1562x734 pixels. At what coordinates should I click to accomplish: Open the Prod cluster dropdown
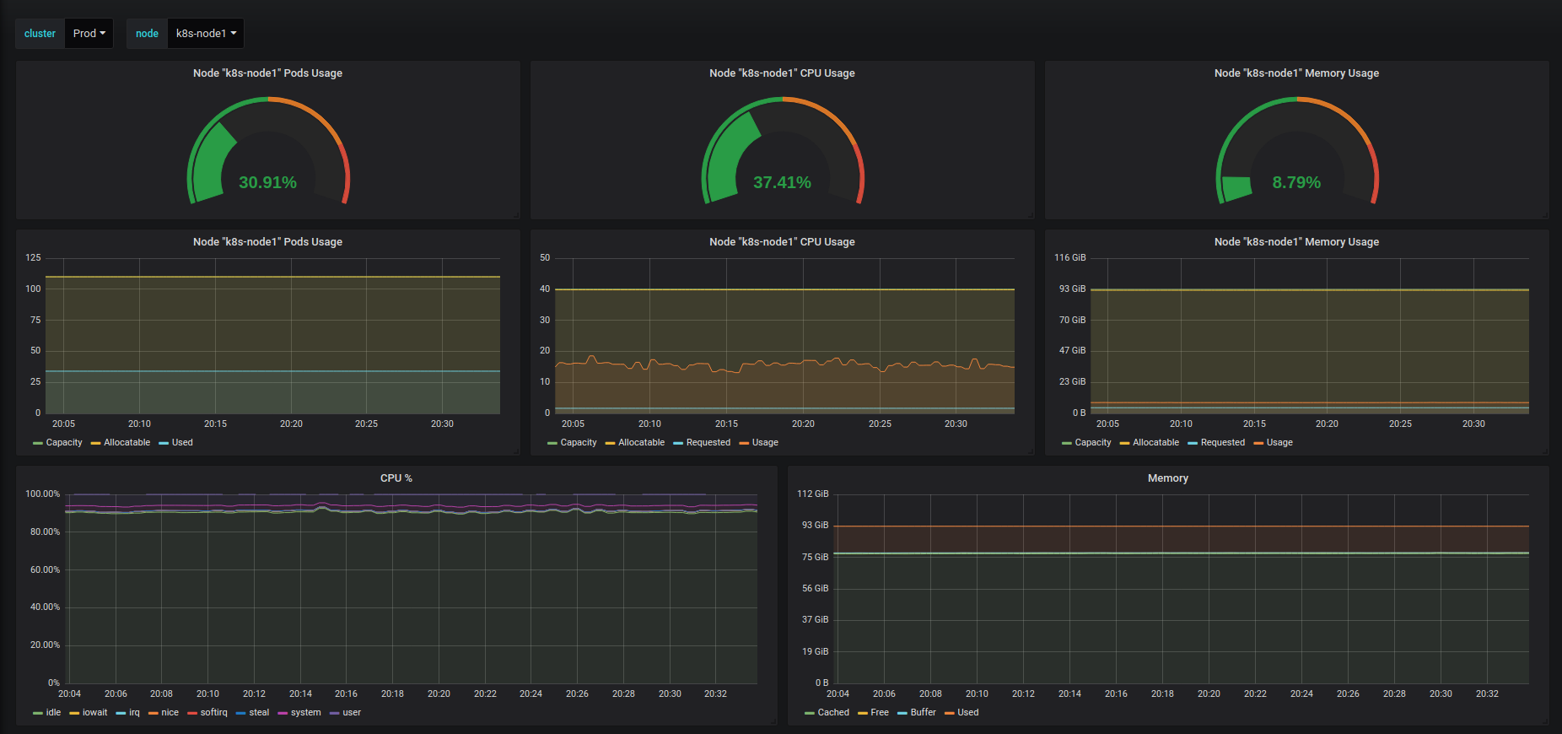(x=89, y=34)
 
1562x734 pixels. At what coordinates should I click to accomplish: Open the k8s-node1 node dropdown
(x=206, y=34)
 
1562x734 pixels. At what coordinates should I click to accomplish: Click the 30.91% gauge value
(x=267, y=182)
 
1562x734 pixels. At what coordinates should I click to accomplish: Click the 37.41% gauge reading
(x=782, y=182)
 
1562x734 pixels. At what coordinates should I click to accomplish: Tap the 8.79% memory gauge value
(x=1296, y=182)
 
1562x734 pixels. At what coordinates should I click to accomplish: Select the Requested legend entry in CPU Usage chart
(x=708, y=442)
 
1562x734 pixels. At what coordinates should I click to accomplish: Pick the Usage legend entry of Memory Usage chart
(x=1279, y=442)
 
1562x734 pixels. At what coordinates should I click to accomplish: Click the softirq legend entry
(x=213, y=712)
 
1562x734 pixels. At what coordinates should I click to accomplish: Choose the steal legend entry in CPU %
(x=259, y=712)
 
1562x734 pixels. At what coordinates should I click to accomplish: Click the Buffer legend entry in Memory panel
(x=923, y=712)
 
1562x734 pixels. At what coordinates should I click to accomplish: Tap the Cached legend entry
(x=833, y=712)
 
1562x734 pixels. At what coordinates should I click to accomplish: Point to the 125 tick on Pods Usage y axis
(x=33, y=257)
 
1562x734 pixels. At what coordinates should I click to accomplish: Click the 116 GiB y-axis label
(x=1069, y=257)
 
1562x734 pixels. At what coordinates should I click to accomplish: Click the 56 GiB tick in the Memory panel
(x=815, y=588)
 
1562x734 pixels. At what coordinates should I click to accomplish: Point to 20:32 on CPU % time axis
(x=715, y=694)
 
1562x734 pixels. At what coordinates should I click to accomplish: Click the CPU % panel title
(x=396, y=478)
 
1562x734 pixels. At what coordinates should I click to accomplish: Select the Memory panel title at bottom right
(x=1167, y=478)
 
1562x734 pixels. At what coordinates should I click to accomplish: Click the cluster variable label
(x=40, y=34)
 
